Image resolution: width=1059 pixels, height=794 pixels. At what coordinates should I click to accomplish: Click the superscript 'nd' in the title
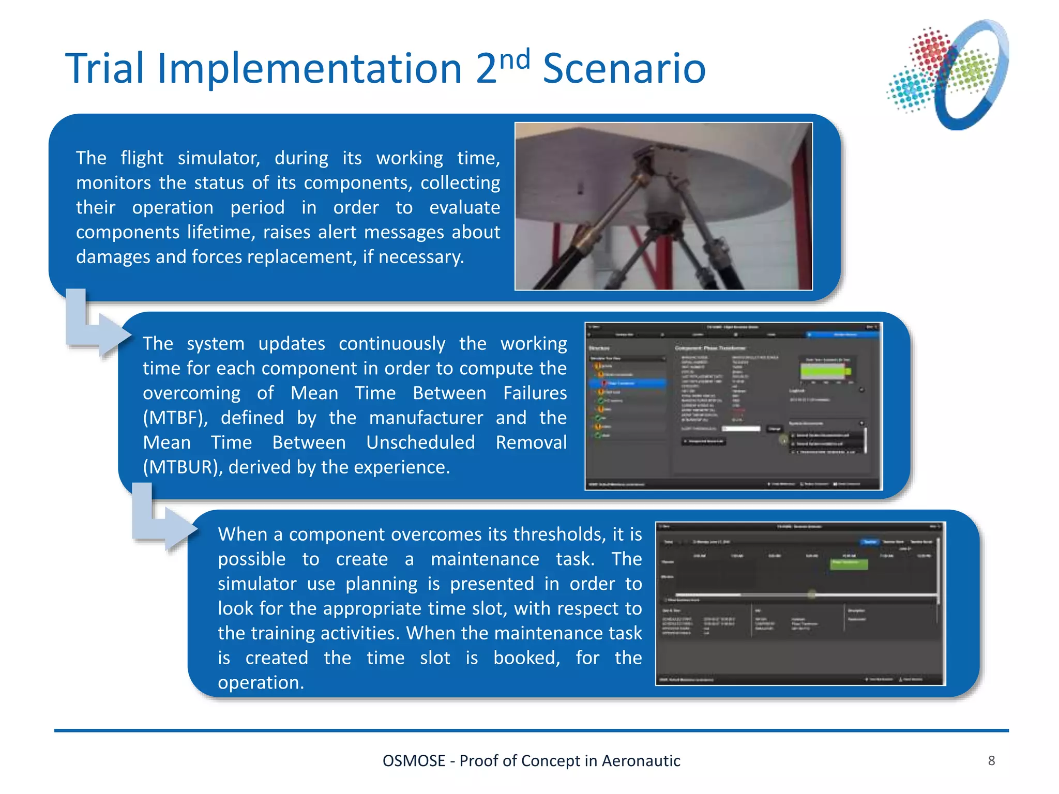(516, 59)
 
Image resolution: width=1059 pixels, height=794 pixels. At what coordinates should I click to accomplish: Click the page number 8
(991, 760)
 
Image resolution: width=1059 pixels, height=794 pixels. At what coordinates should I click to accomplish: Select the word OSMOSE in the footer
(414, 761)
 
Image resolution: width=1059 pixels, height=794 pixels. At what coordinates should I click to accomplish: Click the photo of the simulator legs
(663, 206)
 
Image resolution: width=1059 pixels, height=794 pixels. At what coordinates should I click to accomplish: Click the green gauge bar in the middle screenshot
(824, 371)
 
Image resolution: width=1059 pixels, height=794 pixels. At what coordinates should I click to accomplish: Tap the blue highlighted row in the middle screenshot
(628, 383)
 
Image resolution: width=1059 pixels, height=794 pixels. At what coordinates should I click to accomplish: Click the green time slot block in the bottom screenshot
(849, 563)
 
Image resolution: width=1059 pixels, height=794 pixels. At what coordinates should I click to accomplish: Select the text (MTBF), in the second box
(175, 418)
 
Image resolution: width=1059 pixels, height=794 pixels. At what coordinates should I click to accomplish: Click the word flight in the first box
(142, 158)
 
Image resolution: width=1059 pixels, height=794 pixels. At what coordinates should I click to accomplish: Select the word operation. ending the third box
(261, 683)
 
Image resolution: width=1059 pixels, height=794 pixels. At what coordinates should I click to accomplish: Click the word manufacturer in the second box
(426, 418)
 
